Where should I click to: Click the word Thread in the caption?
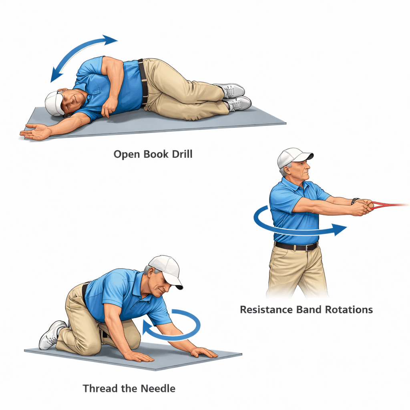click(x=100, y=388)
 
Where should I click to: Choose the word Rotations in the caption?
click(x=349, y=310)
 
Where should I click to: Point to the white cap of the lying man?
click(x=54, y=104)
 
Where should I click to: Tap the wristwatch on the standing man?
click(x=355, y=201)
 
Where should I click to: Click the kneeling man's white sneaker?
click(x=52, y=335)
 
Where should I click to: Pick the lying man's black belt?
click(x=143, y=82)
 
